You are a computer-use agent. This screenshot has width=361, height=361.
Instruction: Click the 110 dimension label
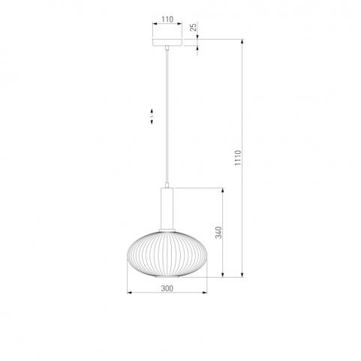[x=167, y=20]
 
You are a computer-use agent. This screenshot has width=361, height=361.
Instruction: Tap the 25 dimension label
[x=194, y=27]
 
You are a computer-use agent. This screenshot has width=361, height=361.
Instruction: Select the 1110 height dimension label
[x=238, y=158]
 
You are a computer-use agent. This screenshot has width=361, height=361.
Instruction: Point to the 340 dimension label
[x=218, y=233]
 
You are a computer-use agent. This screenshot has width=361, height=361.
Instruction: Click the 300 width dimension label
[x=167, y=288]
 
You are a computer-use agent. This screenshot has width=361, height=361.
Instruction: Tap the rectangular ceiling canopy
[x=167, y=43]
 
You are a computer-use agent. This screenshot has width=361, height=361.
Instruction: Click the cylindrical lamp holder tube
[x=167, y=209]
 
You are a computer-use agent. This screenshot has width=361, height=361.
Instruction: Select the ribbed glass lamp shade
[x=167, y=254]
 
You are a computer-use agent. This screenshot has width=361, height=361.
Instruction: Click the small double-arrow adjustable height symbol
[x=152, y=116]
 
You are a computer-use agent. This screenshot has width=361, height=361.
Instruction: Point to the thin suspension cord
[x=167, y=116]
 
